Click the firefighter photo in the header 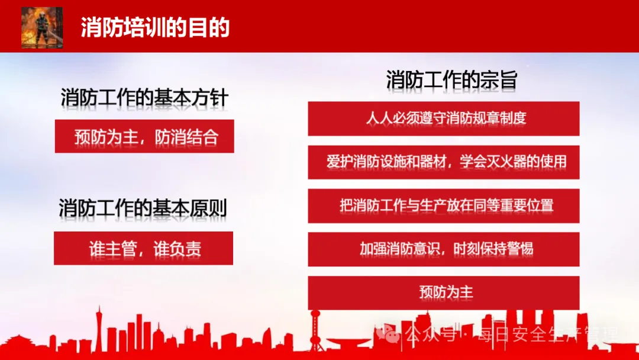(42, 28)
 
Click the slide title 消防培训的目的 (155, 28)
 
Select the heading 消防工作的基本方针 (144, 98)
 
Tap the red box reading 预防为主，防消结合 (144, 136)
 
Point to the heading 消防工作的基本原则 (143, 208)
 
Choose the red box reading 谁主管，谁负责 (143, 248)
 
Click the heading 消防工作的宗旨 (451, 79)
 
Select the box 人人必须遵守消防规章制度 (443, 118)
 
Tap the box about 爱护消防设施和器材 (443, 162)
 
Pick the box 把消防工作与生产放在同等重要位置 (443, 206)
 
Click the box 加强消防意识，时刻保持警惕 (443, 249)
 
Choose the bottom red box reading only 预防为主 (443, 292)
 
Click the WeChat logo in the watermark (388, 335)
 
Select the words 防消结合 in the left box (186, 137)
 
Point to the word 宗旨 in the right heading (501, 79)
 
